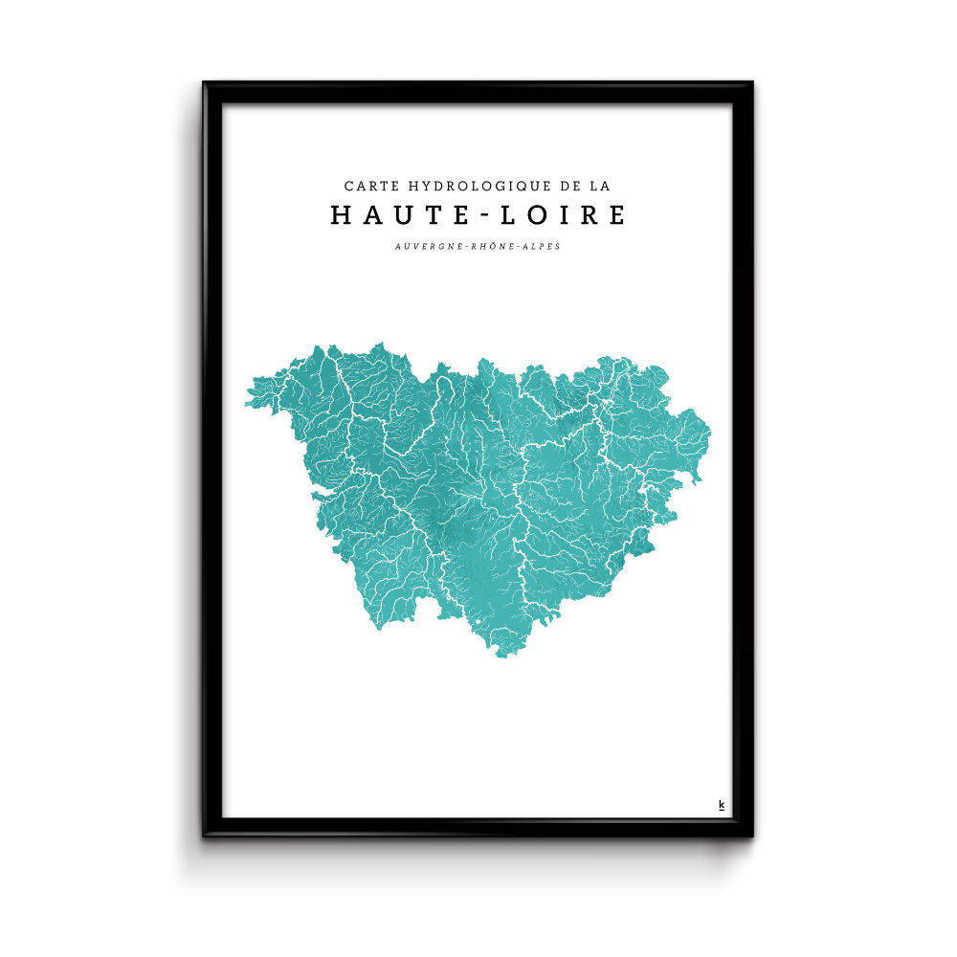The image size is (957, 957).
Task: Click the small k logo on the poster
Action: [721, 805]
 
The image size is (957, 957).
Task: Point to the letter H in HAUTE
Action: [340, 215]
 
